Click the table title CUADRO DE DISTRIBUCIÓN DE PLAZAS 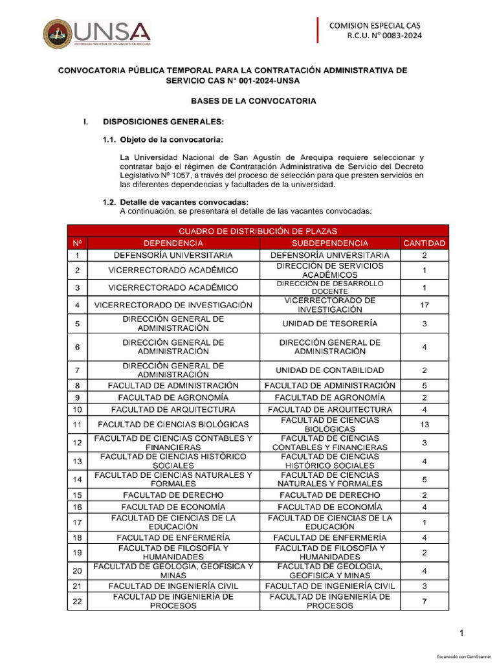click(258, 230)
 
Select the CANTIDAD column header click(424, 243)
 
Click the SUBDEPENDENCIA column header click(330, 243)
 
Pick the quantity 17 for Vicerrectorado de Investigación click(424, 305)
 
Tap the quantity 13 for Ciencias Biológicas click(424, 425)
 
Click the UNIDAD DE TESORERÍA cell click(330, 323)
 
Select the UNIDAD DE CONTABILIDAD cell click(330, 370)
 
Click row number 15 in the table click(77, 495)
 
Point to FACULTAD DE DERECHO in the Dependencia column click(173, 495)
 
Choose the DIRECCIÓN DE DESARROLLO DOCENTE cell click(330, 287)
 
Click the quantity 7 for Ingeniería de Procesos click(424, 601)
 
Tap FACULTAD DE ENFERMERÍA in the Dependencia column click(173, 538)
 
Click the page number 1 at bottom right click(461, 633)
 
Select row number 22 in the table click(77, 601)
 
